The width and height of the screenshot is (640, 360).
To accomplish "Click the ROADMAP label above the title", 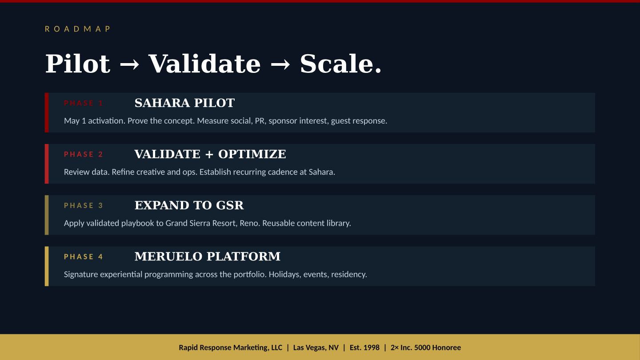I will [77, 29].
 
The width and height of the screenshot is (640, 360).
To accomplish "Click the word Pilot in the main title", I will [78, 64].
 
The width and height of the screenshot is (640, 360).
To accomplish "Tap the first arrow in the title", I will [129, 64].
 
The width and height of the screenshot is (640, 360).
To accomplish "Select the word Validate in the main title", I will [204, 64].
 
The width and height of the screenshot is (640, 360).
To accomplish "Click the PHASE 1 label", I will [84, 103].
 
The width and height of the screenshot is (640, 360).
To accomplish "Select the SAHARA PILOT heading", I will [184, 103].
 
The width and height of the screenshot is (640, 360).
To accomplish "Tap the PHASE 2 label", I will [84, 154].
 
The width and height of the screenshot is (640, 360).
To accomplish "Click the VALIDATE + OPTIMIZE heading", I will [210, 154].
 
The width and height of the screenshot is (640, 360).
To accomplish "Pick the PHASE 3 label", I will [84, 205].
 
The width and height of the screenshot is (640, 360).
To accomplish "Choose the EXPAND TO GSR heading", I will [189, 205].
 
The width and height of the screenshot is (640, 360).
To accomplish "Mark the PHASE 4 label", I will [84, 256].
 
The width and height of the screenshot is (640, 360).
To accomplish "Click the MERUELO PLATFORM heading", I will [208, 256].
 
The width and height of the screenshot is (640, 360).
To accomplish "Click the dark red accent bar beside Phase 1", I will [47, 112].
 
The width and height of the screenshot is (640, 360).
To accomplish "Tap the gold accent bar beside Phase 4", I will [47, 266].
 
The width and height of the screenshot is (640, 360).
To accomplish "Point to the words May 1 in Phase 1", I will [75, 121].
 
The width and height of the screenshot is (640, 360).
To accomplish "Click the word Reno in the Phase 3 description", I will [249, 223].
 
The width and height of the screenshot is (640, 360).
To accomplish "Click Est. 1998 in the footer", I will [364, 348].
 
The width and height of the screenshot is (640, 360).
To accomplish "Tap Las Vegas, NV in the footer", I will [316, 348].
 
